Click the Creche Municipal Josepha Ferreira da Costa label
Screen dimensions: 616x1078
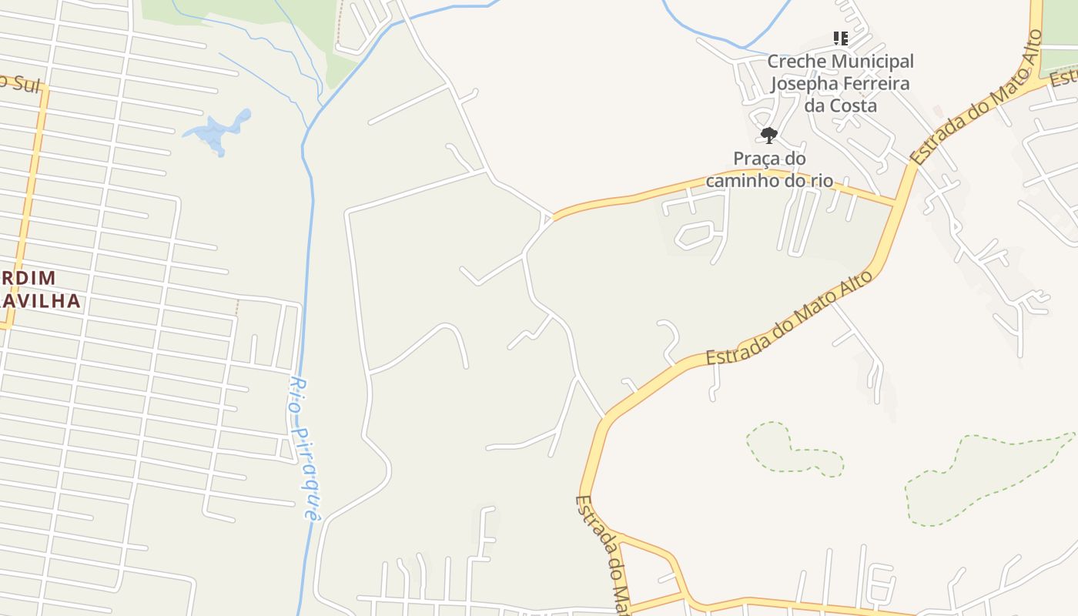pos(840,82)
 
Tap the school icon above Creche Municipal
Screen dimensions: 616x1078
pos(840,38)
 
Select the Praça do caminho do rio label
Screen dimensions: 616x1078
pos(769,169)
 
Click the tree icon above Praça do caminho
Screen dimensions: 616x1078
pos(768,136)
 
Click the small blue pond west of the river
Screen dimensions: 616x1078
pos(218,131)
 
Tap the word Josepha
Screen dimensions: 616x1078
pos(805,83)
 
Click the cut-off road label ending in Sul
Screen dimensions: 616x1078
pos(18,83)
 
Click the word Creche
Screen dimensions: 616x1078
pos(796,61)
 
